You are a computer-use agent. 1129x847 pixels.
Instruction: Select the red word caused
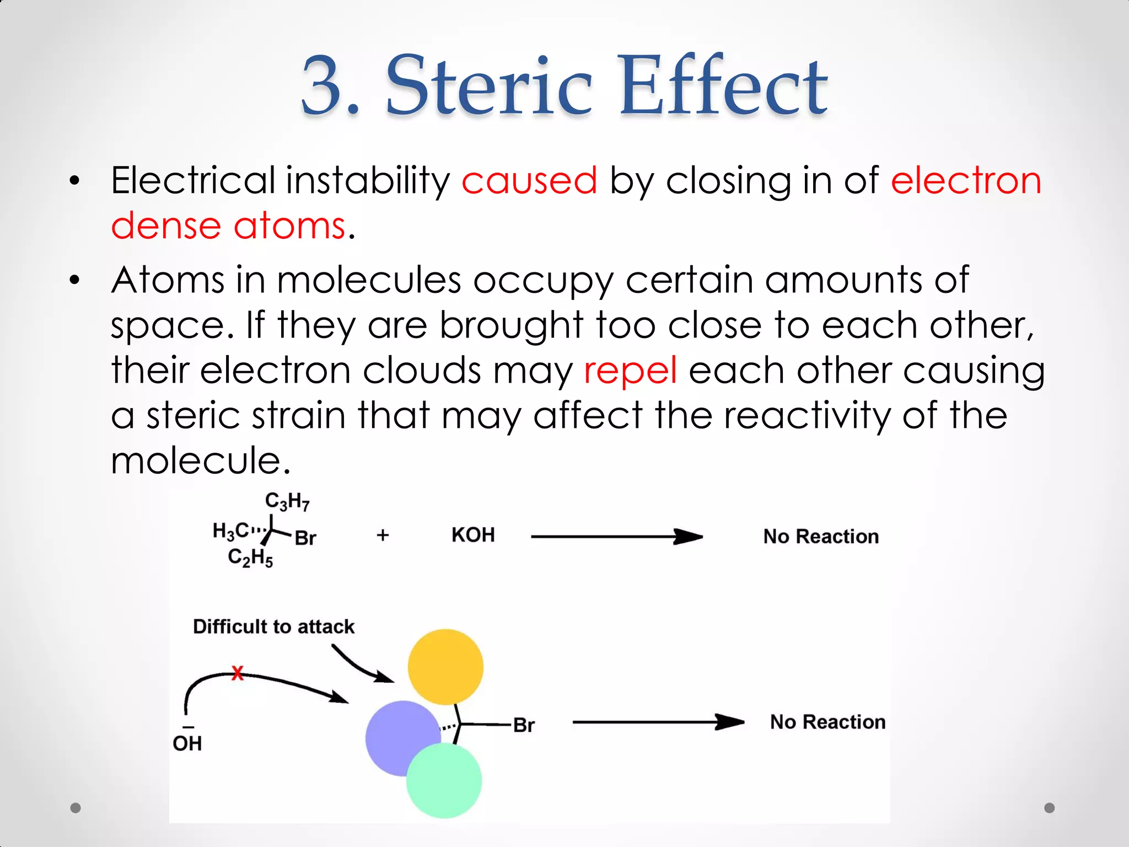tap(529, 181)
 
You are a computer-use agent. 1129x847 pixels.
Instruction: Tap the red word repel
tap(630, 371)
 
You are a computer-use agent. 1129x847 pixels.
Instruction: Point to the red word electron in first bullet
tap(966, 181)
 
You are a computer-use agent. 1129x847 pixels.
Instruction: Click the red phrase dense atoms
tap(228, 226)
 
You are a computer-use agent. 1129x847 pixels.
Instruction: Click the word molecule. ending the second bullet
tap(200, 461)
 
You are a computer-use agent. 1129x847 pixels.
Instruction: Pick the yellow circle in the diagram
tap(445, 667)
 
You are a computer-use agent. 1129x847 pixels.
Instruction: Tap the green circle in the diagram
tap(444, 780)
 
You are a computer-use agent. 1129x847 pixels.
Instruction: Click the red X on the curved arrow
tap(237, 673)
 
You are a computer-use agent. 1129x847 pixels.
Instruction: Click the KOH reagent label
tap(473, 535)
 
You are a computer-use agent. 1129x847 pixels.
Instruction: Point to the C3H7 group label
tap(287, 501)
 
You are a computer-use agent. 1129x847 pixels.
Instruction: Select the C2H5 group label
tap(250, 557)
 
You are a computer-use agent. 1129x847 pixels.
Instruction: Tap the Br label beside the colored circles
tap(524, 725)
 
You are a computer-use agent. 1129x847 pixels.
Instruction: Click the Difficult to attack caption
tap(273, 627)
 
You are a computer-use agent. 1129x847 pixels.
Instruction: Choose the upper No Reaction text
tap(821, 537)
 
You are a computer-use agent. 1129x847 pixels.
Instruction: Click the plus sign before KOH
tap(383, 535)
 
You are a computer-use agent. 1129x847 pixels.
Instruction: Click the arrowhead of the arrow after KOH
tap(689, 537)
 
